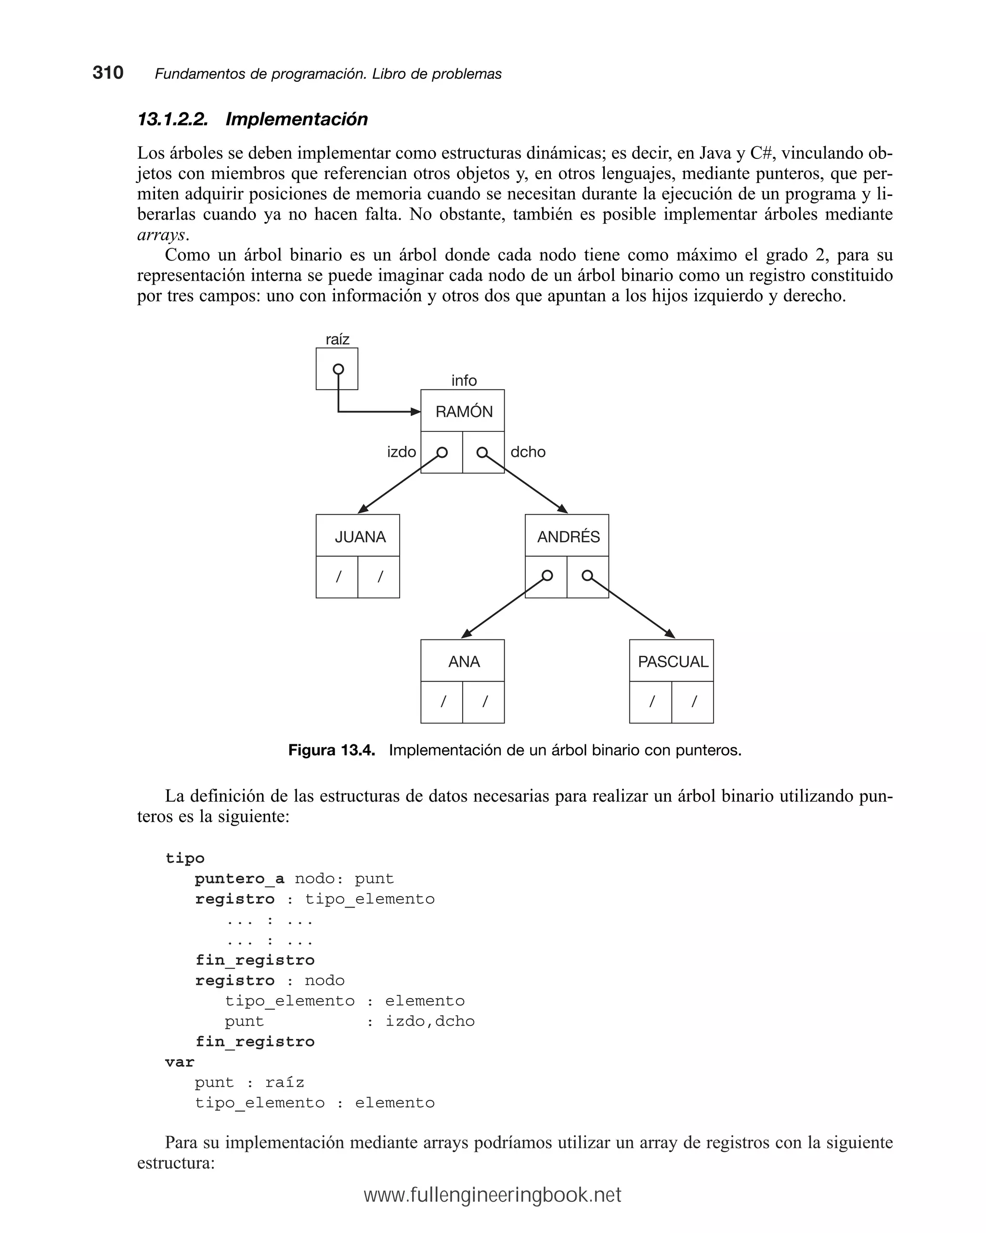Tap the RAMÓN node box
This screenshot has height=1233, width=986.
click(463, 411)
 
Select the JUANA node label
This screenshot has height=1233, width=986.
click(360, 536)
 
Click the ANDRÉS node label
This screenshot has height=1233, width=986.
click(568, 536)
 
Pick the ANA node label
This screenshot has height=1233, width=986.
click(464, 661)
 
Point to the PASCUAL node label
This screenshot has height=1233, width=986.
click(673, 661)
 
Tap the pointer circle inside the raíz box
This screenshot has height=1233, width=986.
click(338, 369)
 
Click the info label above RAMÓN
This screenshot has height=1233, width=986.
click(463, 380)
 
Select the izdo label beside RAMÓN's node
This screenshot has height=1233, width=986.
click(401, 452)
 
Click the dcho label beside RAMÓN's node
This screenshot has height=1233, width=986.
click(527, 452)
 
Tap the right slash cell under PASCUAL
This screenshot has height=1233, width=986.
click(693, 701)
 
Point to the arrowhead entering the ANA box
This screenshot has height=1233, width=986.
click(466, 634)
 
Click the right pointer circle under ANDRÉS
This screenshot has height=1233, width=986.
click(587, 575)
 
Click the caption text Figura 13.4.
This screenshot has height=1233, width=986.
click(331, 750)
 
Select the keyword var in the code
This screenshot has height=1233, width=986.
click(180, 1062)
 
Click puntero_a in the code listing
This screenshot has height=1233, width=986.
click(239, 879)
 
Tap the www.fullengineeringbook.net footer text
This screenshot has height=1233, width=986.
click(492, 1194)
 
